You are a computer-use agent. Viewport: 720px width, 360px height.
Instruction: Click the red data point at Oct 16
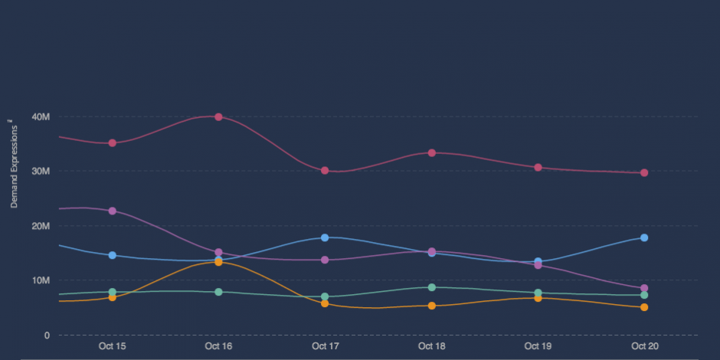click(x=218, y=117)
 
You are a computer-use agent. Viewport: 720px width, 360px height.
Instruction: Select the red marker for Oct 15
click(x=112, y=142)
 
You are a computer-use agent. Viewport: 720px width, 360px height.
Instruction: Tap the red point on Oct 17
click(x=325, y=170)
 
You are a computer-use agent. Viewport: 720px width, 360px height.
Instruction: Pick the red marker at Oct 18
click(x=431, y=152)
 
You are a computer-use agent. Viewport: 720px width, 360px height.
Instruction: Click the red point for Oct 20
click(x=644, y=172)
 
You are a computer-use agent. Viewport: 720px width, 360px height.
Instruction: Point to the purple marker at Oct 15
click(x=112, y=211)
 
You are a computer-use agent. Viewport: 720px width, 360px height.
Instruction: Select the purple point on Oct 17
click(x=325, y=260)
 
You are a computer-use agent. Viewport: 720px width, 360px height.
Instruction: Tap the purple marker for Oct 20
click(x=644, y=288)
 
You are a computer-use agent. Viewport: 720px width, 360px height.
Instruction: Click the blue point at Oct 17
click(x=325, y=237)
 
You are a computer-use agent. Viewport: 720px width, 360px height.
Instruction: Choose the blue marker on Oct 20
click(x=644, y=237)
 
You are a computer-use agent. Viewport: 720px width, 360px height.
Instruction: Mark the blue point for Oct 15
click(x=112, y=255)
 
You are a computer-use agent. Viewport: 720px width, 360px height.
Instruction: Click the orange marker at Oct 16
click(x=218, y=262)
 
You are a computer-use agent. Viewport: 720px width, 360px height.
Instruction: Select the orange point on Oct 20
click(x=644, y=307)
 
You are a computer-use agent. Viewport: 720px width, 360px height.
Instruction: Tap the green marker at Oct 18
click(x=431, y=287)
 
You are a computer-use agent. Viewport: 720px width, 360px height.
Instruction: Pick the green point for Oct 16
click(x=218, y=292)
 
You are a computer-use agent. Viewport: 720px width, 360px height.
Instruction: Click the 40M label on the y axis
click(x=41, y=117)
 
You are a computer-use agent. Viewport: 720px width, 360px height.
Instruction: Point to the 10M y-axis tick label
click(x=41, y=280)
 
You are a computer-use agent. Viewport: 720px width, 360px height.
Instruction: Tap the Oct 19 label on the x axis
click(x=538, y=346)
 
